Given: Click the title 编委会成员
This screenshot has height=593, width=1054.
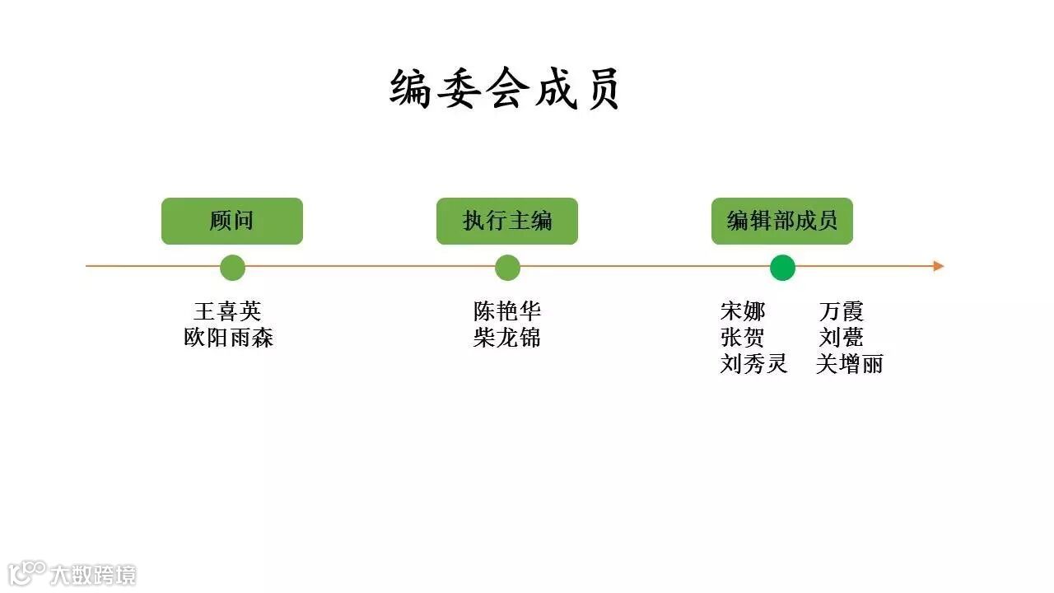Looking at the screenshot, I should pyautogui.click(x=505, y=89).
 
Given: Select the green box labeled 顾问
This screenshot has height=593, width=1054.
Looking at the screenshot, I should pyautogui.click(x=232, y=221).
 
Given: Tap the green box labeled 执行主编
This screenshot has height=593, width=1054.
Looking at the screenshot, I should pyautogui.click(x=507, y=221).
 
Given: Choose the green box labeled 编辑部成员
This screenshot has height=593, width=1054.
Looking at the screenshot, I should pyautogui.click(x=782, y=221).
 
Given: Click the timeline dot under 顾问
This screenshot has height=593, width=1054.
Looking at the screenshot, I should pyautogui.click(x=233, y=268).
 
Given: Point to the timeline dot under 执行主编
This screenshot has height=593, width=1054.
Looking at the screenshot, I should pyautogui.click(x=508, y=268).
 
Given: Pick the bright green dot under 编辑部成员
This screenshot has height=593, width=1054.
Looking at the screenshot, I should pyautogui.click(x=782, y=268).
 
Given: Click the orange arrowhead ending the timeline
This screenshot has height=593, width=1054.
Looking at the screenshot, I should pyautogui.click(x=939, y=266).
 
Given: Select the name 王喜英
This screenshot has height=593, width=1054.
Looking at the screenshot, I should pyautogui.click(x=227, y=311).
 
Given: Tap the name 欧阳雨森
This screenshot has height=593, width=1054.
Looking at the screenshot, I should pyautogui.click(x=228, y=338).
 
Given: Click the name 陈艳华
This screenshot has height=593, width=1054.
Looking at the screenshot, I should pyautogui.click(x=507, y=311).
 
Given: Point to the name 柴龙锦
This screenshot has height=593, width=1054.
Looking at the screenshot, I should pyautogui.click(x=507, y=338).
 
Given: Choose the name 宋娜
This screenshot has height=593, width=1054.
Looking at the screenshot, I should pyautogui.click(x=743, y=311).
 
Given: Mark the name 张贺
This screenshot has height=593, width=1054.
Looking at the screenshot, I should pyautogui.click(x=743, y=338).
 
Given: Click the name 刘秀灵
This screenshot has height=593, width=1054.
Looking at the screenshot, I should pyautogui.click(x=753, y=364).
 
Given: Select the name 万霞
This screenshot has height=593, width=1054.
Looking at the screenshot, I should pyautogui.click(x=842, y=311).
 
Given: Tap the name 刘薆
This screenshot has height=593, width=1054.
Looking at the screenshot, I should pyautogui.click(x=842, y=338).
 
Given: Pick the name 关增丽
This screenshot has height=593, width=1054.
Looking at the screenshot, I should pyautogui.click(x=850, y=364).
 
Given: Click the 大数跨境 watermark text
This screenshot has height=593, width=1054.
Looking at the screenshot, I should pyautogui.click(x=92, y=574).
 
